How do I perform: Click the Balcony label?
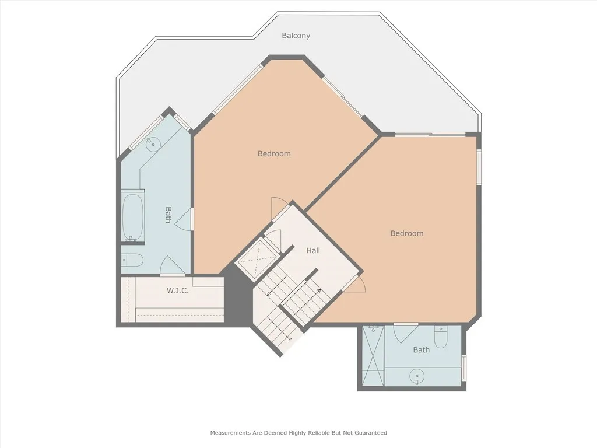(296, 36)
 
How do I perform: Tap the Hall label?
(313, 250)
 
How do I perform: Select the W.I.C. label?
(177, 290)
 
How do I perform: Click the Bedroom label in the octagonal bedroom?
(274, 153)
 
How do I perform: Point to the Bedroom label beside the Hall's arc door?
(407, 233)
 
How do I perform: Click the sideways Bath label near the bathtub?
(168, 215)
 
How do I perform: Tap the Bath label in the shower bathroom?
(421, 350)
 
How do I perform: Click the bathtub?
(133, 216)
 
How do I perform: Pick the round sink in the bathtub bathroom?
(153, 144)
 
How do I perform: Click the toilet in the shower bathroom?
(441, 337)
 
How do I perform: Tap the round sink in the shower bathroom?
(417, 376)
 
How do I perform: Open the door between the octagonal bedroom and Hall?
(280, 209)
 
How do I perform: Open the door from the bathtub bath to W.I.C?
(172, 266)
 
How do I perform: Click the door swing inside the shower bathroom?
(406, 332)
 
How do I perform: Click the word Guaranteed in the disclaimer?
(370, 433)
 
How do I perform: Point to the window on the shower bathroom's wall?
(463, 367)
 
